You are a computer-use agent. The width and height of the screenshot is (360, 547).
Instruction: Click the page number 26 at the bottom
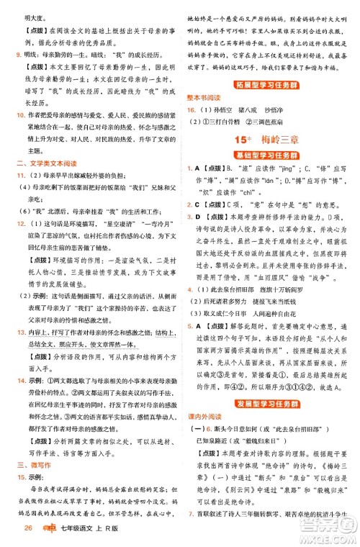29,532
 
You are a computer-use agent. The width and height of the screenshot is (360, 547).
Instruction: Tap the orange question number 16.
191,109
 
